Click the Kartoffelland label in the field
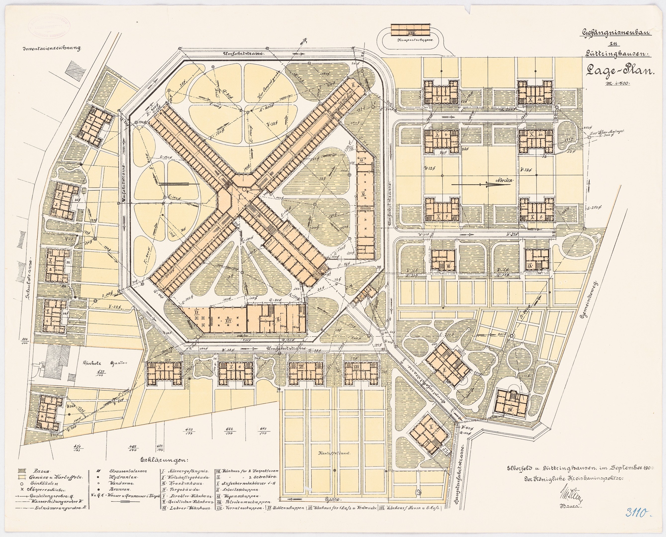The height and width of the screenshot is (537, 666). tap(335, 453)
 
